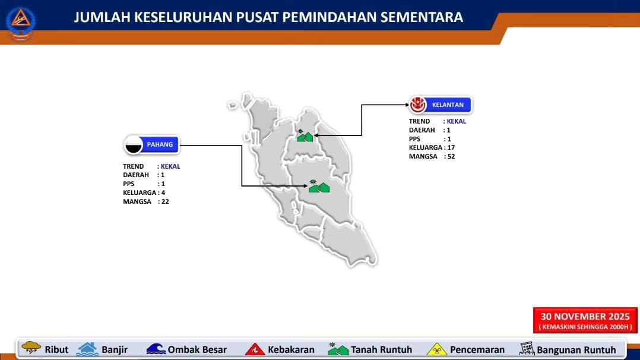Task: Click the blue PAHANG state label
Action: (x=160, y=144)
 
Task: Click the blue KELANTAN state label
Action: (x=448, y=105)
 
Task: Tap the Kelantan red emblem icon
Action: (x=418, y=105)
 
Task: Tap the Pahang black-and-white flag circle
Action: (x=134, y=145)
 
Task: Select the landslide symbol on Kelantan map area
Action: (x=305, y=135)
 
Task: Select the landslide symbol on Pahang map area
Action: (x=319, y=187)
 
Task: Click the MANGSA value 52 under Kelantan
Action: (x=451, y=156)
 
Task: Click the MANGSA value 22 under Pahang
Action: (x=165, y=201)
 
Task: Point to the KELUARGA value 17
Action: (x=451, y=147)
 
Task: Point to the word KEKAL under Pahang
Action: (x=170, y=166)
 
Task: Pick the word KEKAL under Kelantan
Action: (x=457, y=121)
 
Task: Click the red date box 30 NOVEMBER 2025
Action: (x=585, y=320)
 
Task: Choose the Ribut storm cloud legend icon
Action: (x=31, y=348)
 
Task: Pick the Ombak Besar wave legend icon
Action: (x=156, y=349)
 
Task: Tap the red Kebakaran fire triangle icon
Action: (x=255, y=349)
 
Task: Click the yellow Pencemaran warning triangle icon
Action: (x=437, y=349)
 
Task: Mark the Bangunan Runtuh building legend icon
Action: (x=527, y=349)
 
